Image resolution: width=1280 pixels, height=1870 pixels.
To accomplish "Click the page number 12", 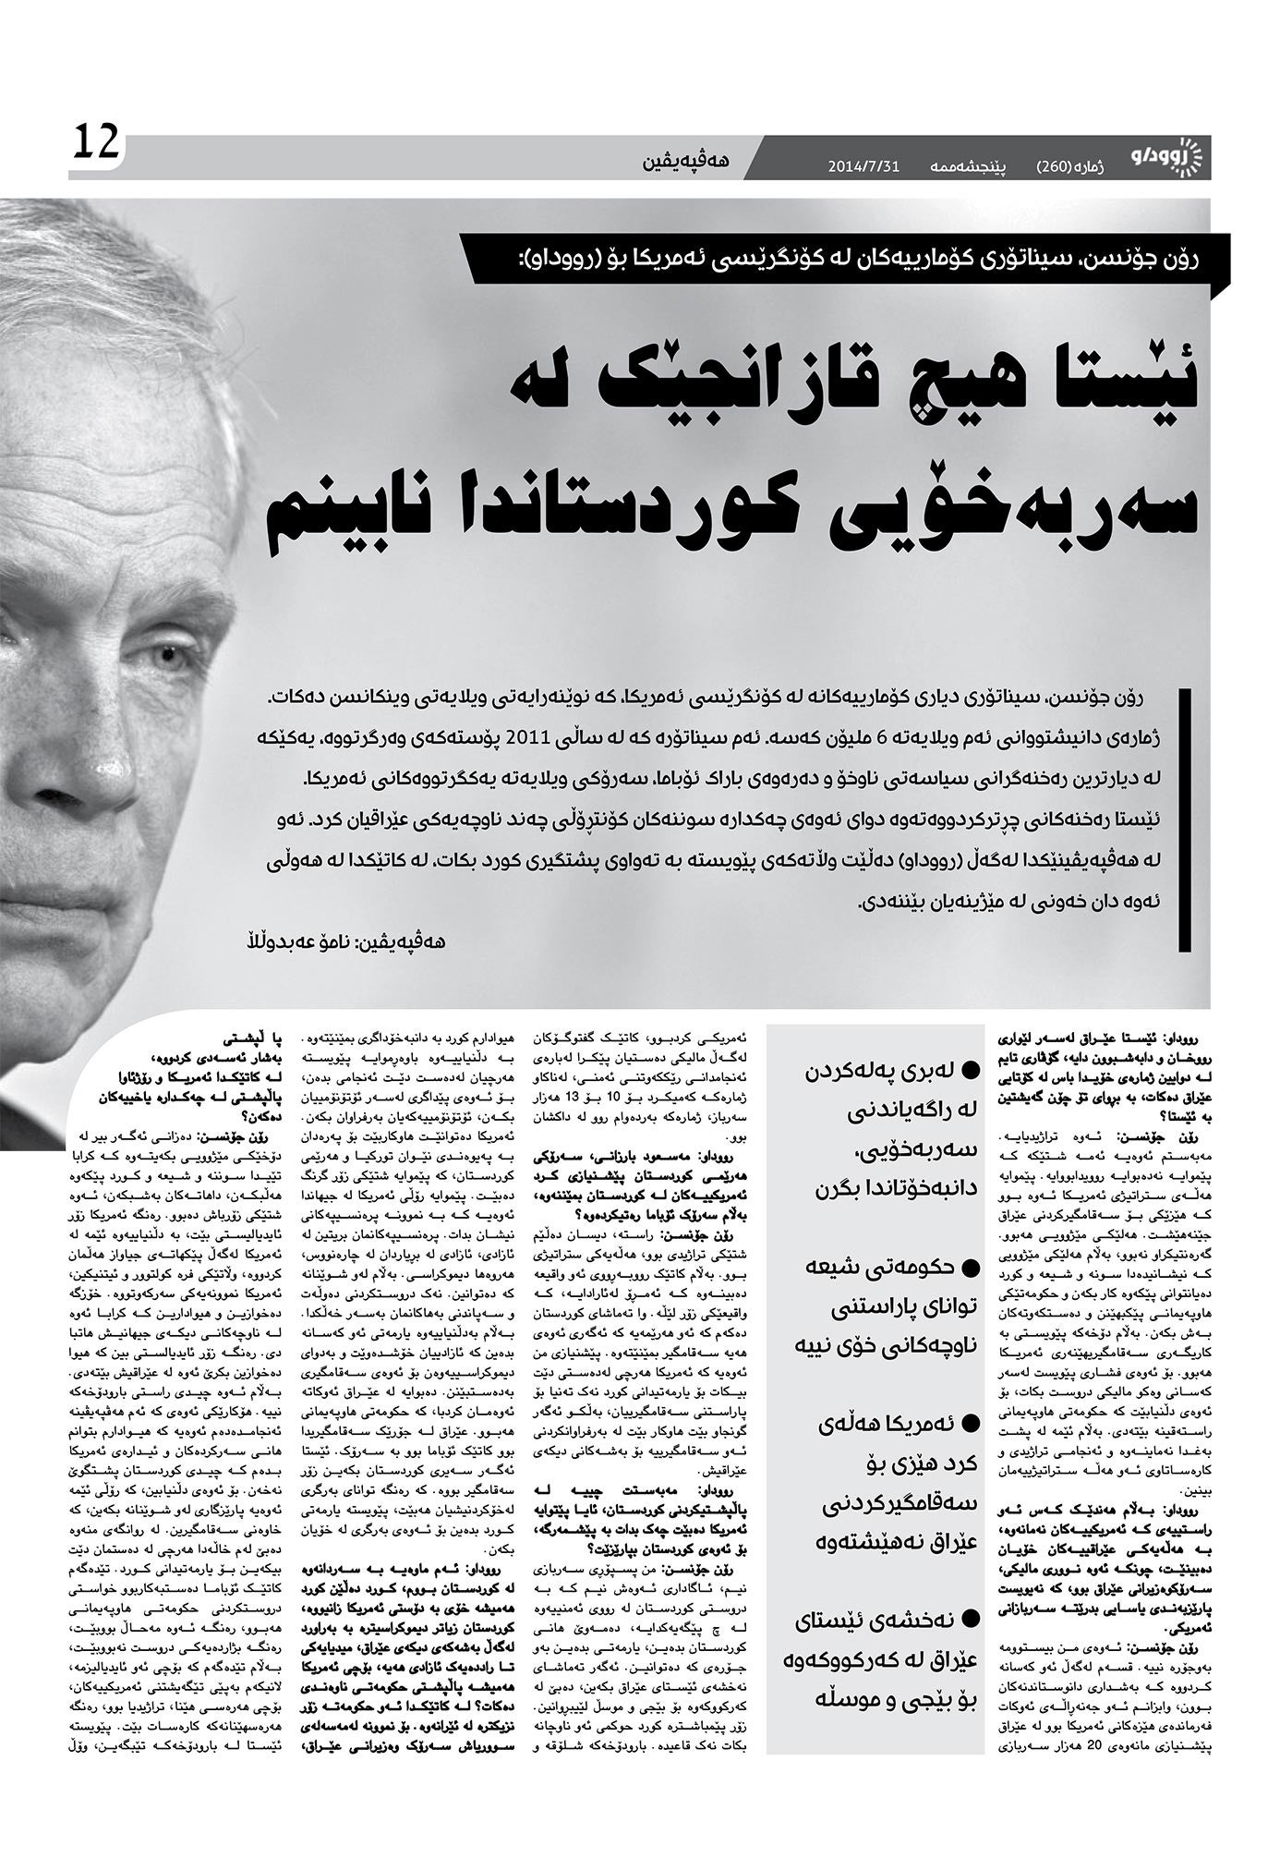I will tap(96, 142).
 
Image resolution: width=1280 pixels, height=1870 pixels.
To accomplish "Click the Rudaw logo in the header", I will tap(1165, 157).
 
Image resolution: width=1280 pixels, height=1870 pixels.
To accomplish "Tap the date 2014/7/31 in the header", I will tap(863, 167).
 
